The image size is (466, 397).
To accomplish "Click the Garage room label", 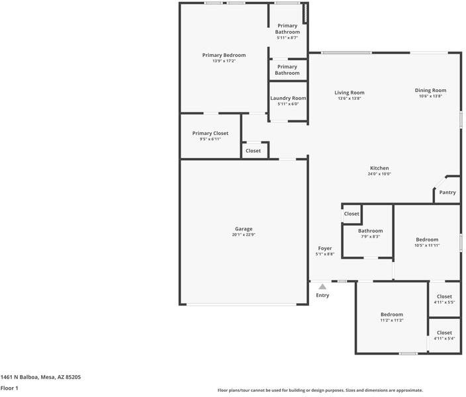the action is tap(244, 229).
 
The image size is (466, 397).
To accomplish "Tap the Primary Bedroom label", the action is tap(224, 55).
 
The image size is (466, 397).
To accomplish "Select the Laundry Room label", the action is tap(288, 98).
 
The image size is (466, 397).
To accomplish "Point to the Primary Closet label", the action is tap(210, 133).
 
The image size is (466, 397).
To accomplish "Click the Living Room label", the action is tap(349, 93).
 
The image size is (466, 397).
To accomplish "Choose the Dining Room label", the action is tap(430, 91).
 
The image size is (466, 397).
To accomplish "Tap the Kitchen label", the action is tap(379, 168).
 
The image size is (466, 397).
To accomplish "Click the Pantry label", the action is tap(447, 193).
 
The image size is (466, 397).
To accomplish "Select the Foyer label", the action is tap(325, 248).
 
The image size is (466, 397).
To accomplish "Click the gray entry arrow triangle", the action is tap(322, 287).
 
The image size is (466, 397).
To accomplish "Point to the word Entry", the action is tap(322, 295).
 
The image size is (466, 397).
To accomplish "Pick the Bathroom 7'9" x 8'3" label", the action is tap(370, 234).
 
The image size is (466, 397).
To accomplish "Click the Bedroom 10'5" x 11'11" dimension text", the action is tap(427, 245).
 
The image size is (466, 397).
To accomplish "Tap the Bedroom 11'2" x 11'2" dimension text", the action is tap(392, 320).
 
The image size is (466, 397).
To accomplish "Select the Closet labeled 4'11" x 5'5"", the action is tap(444, 299).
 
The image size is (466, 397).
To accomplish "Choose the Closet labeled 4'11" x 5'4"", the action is tap(444, 335).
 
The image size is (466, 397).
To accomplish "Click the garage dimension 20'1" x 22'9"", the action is tap(244, 235).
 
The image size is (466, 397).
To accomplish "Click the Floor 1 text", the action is tap(9, 388).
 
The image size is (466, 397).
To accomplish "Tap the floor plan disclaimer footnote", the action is tap(320, 390).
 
